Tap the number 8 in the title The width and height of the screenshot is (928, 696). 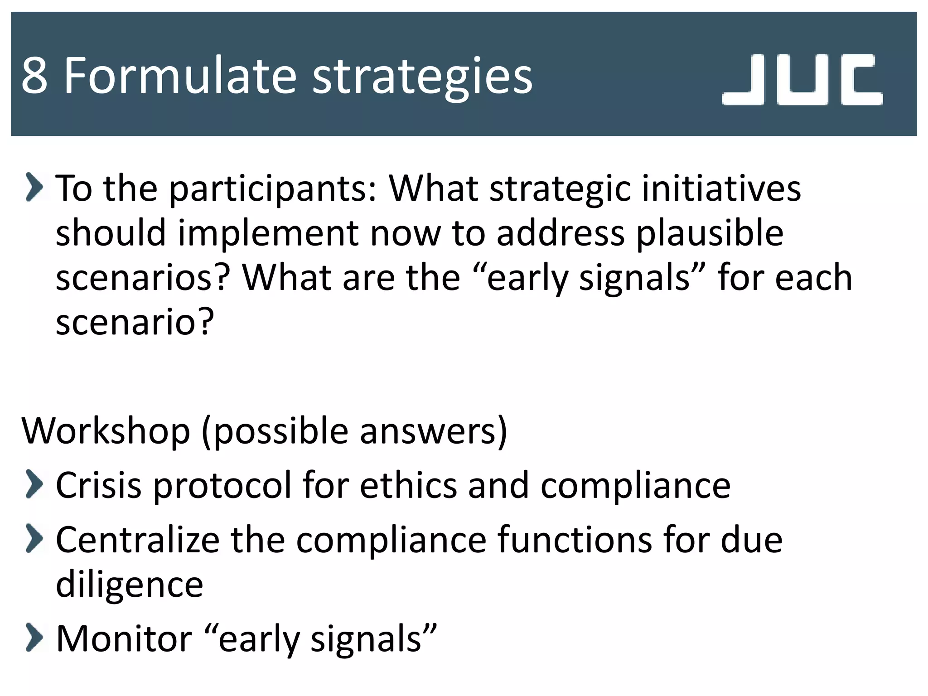coord(34,76)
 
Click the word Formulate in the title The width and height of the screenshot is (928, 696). coord(179,75)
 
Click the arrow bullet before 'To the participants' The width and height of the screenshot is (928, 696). coord(34,187)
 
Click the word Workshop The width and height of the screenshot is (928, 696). coord(106,431)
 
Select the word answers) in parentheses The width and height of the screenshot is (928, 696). coord(434,431)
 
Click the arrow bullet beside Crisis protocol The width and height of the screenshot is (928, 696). coord(34,484)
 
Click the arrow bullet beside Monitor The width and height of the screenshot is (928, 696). coord(34,637)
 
